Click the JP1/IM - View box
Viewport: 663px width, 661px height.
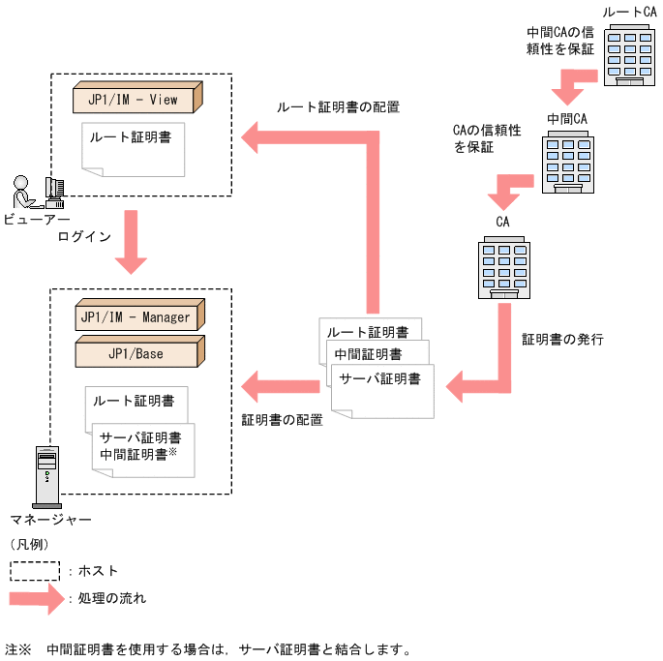pos(137,99)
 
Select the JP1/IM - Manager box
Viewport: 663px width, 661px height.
pos(137,317)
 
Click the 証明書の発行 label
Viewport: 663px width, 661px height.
pos(562,340)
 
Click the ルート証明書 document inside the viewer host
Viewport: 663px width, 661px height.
pos(133,145)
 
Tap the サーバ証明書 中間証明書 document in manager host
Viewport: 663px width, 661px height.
pos(141,445)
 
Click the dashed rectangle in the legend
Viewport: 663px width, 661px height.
pos(38,571)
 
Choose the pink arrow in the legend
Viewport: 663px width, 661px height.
pos(38,598)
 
